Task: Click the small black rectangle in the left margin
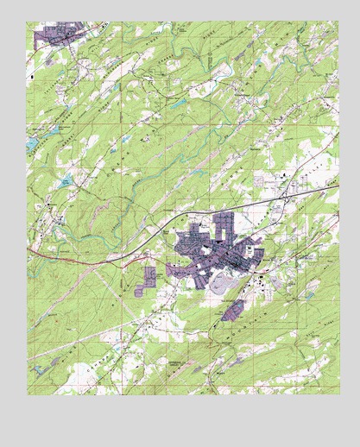coord(31,77)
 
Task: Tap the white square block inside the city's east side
coord(249,249)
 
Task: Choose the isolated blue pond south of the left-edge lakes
coord(65,182)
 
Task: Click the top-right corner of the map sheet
coord(338,22)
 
